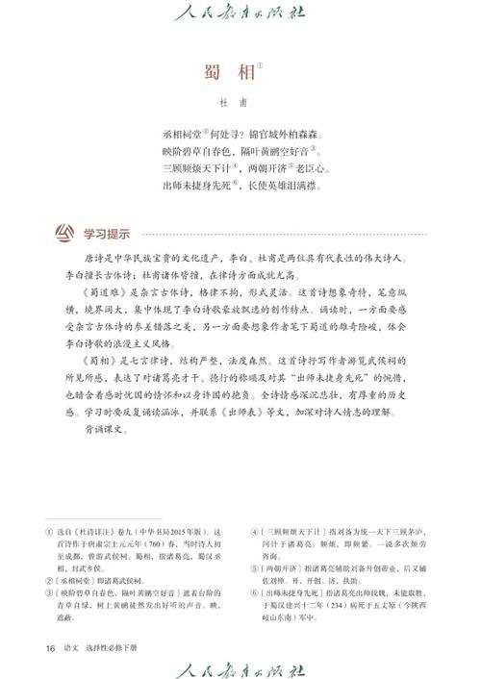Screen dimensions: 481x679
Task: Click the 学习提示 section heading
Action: pos(106,234)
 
